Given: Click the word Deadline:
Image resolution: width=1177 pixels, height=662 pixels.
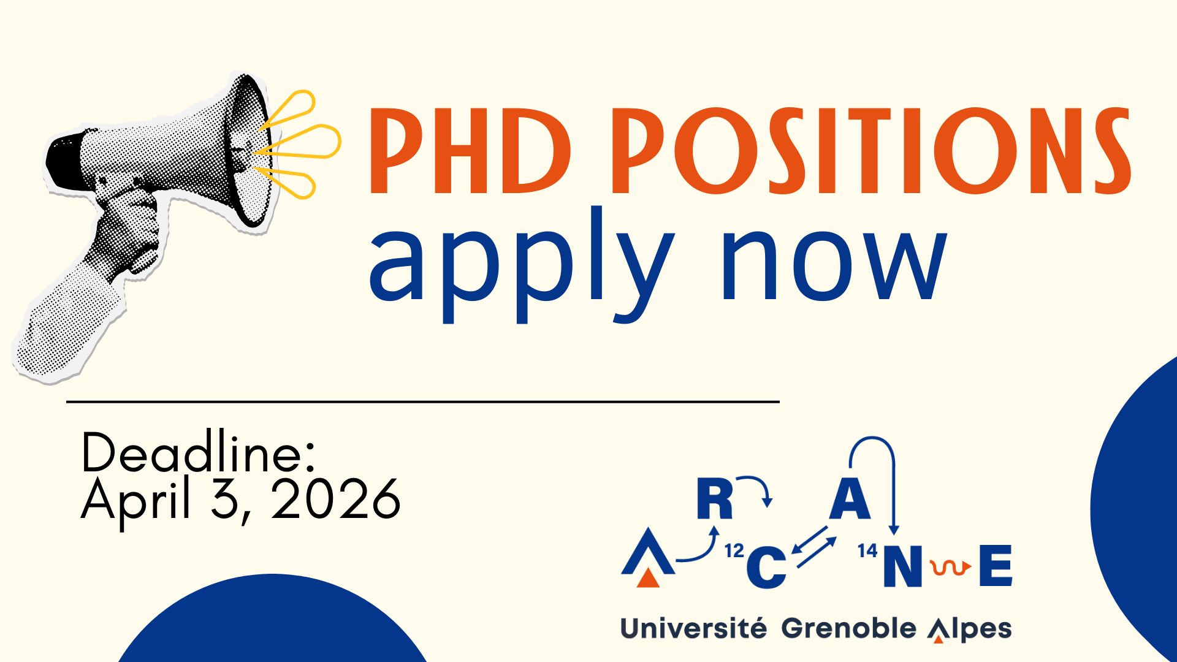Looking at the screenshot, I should (x=198, y=453).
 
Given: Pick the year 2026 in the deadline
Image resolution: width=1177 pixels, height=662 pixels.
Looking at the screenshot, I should (x=336, y=500).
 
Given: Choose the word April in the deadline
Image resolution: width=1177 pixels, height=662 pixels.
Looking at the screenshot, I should (x=136, y=500).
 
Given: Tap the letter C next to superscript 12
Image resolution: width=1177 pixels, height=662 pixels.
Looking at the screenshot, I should (x=766, y=566).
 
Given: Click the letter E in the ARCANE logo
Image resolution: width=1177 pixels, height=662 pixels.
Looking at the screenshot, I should (x=996, y=565).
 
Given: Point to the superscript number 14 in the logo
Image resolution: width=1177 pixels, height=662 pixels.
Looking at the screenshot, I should (x=867, y=551).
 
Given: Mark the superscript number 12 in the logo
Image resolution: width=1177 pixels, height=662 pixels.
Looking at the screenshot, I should (x=734, y=551).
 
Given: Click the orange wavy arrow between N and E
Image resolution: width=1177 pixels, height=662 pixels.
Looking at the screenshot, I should (x=950, y=568).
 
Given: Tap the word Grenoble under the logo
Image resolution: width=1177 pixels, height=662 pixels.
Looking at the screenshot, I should (x=848, y=629).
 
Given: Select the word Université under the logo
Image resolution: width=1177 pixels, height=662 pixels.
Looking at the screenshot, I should (x=693, y=629).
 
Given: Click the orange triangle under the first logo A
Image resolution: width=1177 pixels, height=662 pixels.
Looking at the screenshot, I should (x=648, y=578).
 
